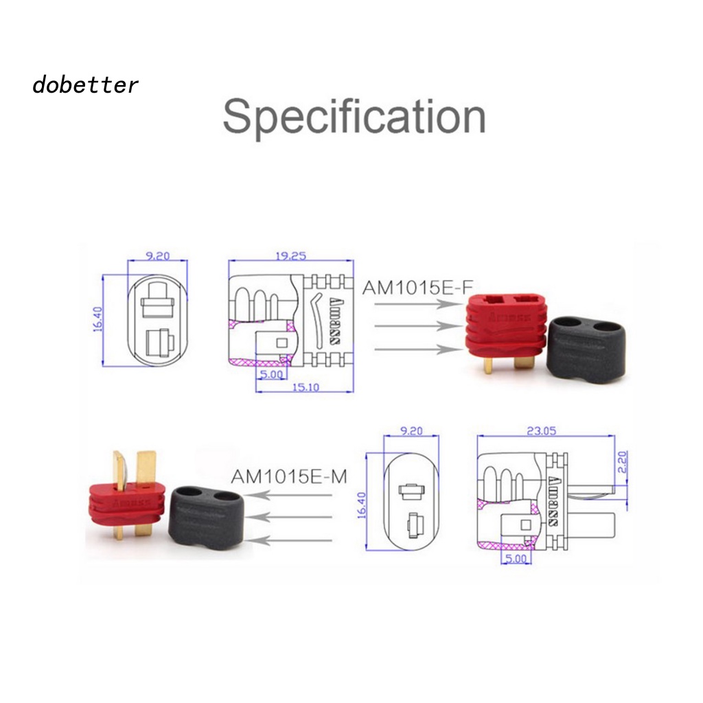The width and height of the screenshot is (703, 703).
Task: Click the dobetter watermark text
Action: pyautogui.click(x=85, y=85)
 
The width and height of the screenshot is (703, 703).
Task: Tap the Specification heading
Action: pyautogui.click(x=354, y=117)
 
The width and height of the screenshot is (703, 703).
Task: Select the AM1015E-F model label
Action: pyautogui.click(x=418, y=287)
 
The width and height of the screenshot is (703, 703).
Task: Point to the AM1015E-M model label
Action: pyautogui.click(x=289, y=476)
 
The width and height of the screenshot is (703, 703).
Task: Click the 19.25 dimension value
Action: pyautogui.click(x=290, y=256)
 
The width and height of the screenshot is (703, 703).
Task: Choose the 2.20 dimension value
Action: pyautogui.click(x=621, y=459)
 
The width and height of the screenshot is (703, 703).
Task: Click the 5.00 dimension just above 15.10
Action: pyautogui.click(x=271, y=374)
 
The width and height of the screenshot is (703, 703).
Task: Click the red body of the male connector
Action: pyautogui.click(x=127, y=505)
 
